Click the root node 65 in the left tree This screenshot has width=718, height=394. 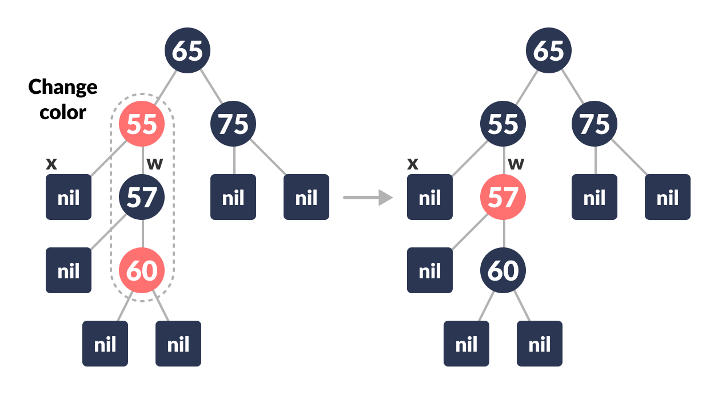pyautogui.click(x=188, y=50)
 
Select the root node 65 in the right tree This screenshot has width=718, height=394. pyautogui.click(x=549, y=50)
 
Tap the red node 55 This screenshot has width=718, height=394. pyautogui.click(x=142, y=124)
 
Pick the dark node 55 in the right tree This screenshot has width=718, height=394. pyautogui.click(x=503, y=124)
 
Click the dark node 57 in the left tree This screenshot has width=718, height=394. pyautogui.click(x=142, y=197)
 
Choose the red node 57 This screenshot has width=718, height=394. pyautogui.click(x=503, y=197)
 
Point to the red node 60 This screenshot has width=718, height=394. pyautogui.click(x=142, y=270)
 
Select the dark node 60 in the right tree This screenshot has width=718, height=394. pyautogui.click(x=503, y=270)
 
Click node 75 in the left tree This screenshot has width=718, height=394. pyautogui.click(x=233, y=124)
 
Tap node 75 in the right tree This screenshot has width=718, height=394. pyautogui.click(x=595, y=124)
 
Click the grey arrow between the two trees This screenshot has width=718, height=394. pyautogui.click(x=368, y=198)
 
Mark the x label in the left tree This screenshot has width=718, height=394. pyautogui.click(x=51, y=164)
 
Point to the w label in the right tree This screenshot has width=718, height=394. pyautogui.click(x=516, y=164)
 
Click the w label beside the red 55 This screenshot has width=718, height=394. pyautogui.click(x=154, y=164)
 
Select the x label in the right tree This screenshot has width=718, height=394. pyautogui.click(x=413, y=164)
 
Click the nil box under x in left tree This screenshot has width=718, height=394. pyautogui.click(x=69, y=197)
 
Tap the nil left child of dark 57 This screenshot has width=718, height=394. pyautogui.click(x=69, y=270)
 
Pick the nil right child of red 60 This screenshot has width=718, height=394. pyautogui.click(x=178, y=344)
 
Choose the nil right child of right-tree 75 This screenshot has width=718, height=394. pyautogui.click(x=668, y=197)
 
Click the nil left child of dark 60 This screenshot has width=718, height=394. pyautogui.click(x=466, y=344)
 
